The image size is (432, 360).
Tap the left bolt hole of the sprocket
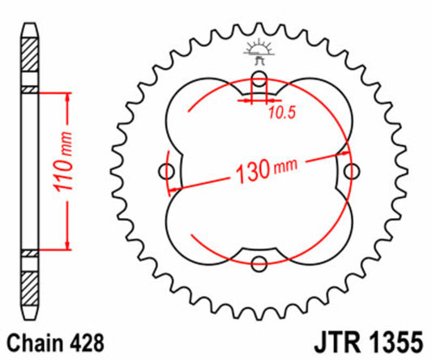(x=169, y=171)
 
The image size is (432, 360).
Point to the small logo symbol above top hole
(x=260, y=51)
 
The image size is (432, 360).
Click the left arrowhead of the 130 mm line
(x=172, y=191)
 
